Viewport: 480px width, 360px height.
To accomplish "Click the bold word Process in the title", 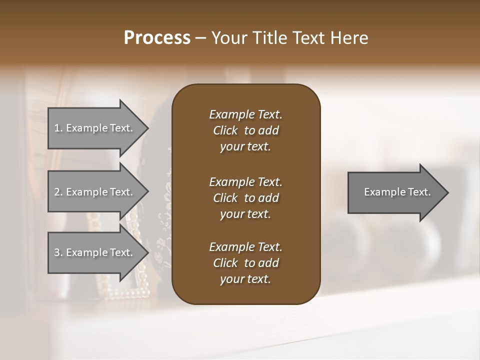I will click(157, 38).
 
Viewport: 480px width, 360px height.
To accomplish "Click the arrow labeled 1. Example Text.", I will click(95, 128).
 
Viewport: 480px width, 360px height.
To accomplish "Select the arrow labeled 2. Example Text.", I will click(95, 192).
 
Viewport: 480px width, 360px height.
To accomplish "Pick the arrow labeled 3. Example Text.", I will click(95, 252).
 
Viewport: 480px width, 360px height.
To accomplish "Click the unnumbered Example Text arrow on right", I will click(395, 192).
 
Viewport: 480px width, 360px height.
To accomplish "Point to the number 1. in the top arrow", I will click(58, 128).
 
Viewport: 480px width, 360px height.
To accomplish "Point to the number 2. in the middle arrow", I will click(58, 192).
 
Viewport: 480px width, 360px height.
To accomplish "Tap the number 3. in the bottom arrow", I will click(58, 252).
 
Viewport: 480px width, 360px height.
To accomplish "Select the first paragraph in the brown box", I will click(245, 130).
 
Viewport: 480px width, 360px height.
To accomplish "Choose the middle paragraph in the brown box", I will click(245, 197).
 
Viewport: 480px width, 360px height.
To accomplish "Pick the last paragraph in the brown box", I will click(245, 263).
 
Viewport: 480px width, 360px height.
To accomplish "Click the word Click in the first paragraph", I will click(225, 130).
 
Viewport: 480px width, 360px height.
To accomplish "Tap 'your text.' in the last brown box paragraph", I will click(245, 279).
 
